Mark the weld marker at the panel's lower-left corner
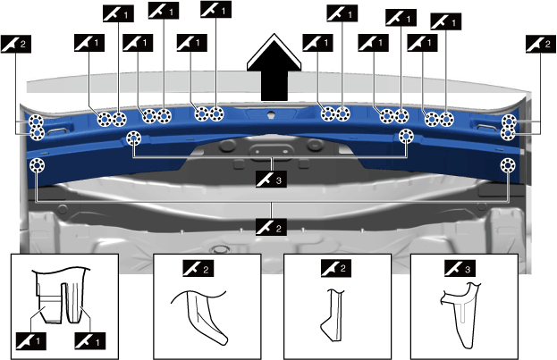tap(38, 166)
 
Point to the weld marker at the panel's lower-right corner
tap(508, 165)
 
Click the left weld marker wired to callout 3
tap(134, 138)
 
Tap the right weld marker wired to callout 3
tap(406, 137)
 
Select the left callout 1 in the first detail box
tap(30, 339)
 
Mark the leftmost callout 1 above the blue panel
tap(89, 42)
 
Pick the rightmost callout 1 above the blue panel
tap(446, 20)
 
